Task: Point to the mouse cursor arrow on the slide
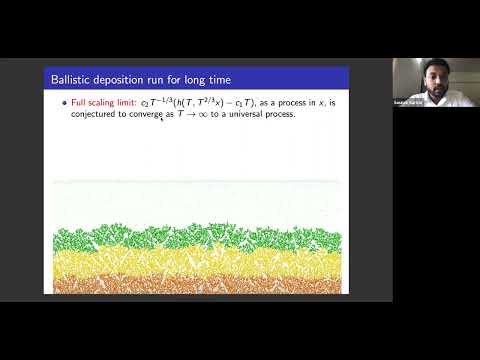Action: pos(163,120)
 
